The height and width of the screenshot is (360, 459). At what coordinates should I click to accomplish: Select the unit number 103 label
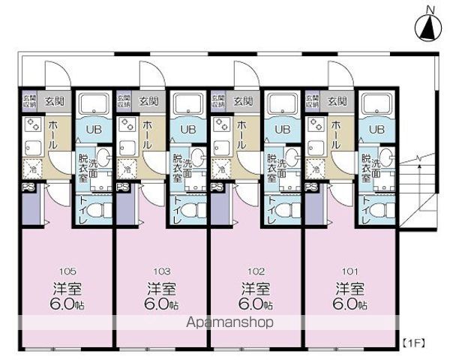tap(161, 271)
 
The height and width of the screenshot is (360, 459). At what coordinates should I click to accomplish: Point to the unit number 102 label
tap(256, 271)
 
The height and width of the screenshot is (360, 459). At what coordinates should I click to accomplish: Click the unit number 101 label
tap(349, 271)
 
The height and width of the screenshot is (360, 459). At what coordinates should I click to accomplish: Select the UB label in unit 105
tap(93, 129)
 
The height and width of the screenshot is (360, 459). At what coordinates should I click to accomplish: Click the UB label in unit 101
tap(376, 129)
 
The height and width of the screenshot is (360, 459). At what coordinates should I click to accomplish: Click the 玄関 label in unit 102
tap(243, 100)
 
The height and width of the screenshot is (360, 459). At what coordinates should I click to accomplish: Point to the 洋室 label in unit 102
tap(256, 289)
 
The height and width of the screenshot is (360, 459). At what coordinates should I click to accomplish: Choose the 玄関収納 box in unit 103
tap(124, 100)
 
